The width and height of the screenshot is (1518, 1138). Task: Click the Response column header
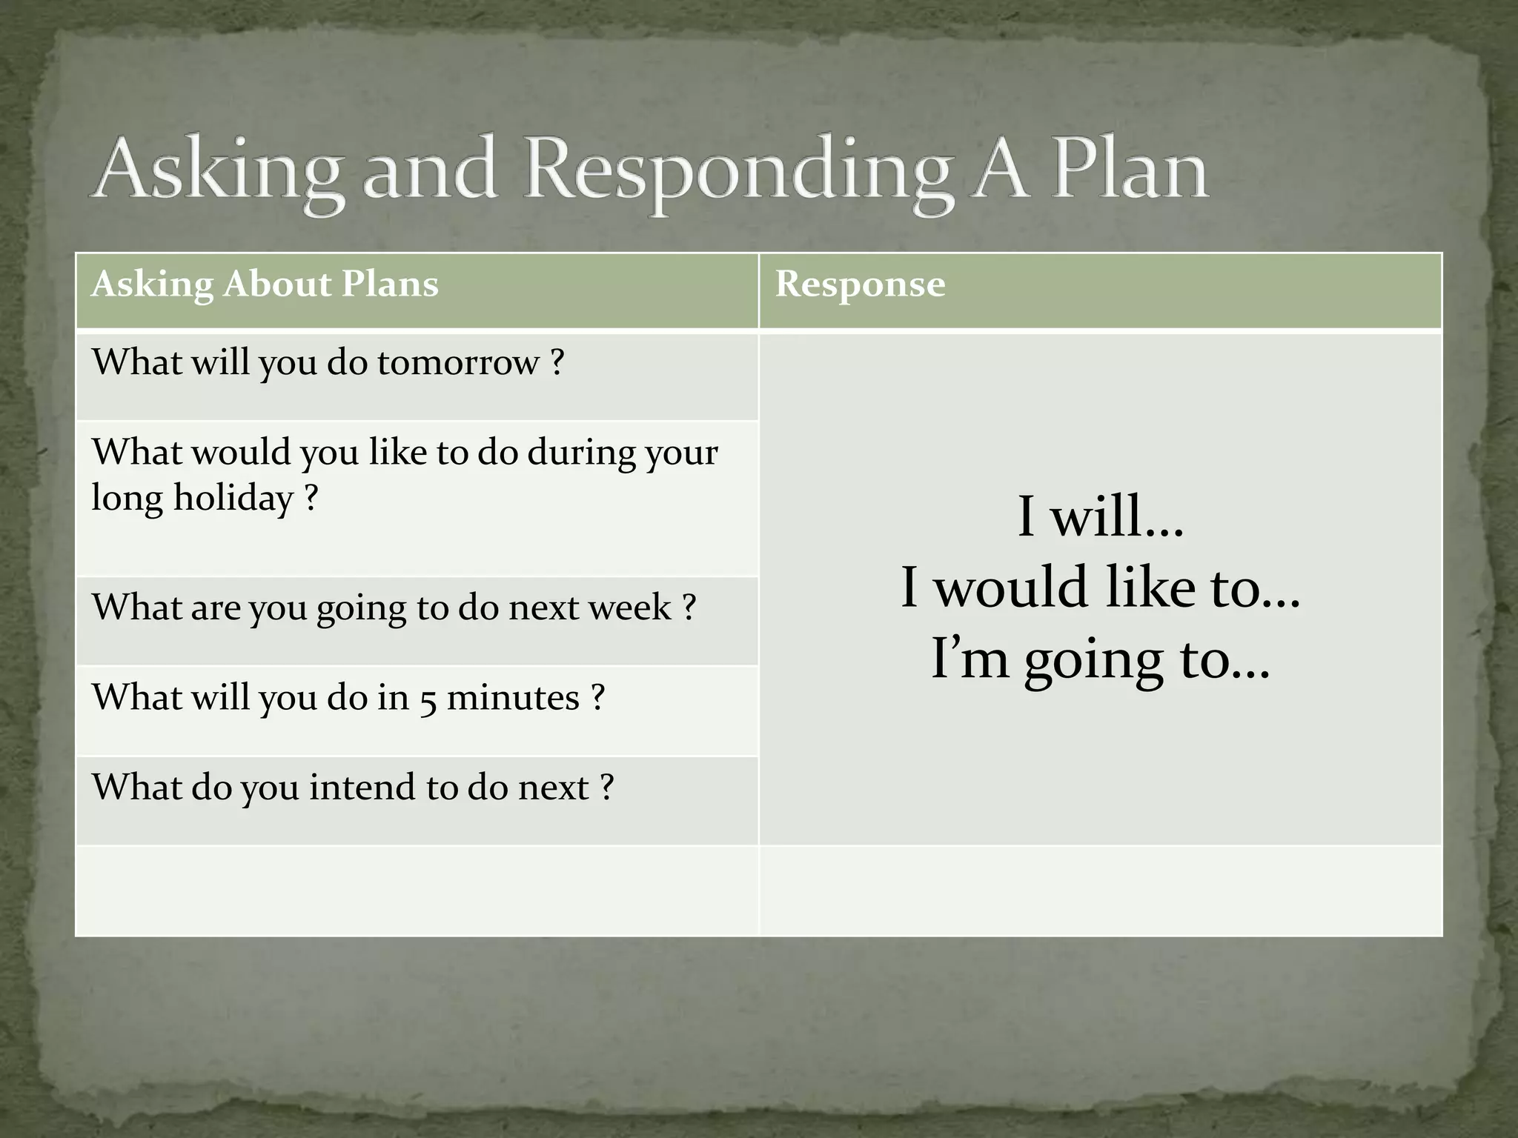point(860,284)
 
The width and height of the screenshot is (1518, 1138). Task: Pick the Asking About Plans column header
point(265,284)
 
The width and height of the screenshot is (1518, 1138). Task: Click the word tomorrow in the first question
point(458,363)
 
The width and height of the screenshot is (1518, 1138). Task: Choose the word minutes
point(513,698)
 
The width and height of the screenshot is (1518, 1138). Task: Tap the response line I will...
point(1101,516)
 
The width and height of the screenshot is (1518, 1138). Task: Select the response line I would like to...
point(1101,588)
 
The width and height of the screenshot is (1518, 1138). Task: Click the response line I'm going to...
point(1101,659)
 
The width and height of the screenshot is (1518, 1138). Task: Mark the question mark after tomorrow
point(557,363)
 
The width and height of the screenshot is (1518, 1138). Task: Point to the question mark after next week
point(689,608)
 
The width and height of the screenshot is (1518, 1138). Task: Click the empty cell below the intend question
point(417,891)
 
